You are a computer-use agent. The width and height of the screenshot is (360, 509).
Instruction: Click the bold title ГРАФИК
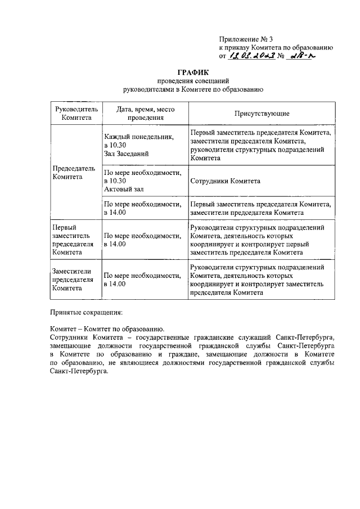pyautogui.click(x=193, y=73)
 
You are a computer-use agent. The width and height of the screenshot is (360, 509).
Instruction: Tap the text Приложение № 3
pyautogui.click(x=245, y=39)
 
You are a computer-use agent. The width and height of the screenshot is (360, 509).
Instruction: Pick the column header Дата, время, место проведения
pyautogui.click(x=145, y=114)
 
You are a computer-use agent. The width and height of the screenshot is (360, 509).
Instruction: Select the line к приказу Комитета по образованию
pyautogui.click(x=277, y=48)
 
